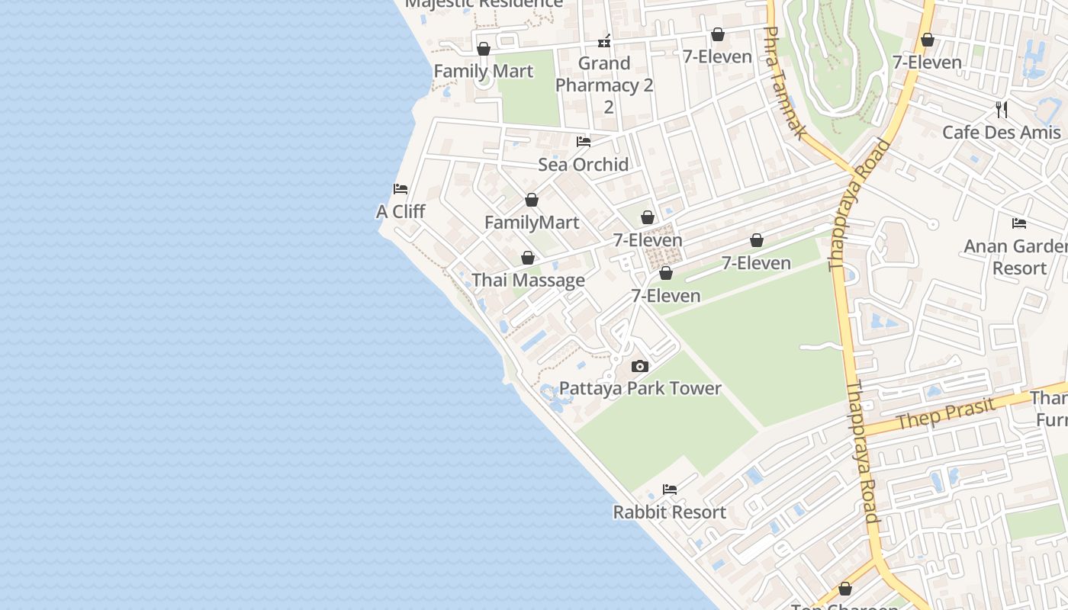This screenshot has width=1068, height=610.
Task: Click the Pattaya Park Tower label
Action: (x=640, y=388)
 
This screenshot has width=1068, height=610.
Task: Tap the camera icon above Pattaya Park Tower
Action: (x=640, y=367)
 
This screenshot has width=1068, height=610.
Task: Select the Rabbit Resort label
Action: (x=670, y=512)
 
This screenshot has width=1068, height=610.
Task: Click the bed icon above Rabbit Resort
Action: (x=670, y=490)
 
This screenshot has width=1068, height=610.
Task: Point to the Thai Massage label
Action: (x=528, y=280)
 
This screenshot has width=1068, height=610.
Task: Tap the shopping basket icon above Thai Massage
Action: (x=528, y=258)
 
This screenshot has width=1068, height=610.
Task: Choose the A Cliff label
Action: (x=400, y=211)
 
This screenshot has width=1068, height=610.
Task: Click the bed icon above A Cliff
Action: (x=400, y=189)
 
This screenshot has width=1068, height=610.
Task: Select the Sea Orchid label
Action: (x=584, y=164)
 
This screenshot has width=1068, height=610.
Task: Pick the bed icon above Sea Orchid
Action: (x=584, y=142)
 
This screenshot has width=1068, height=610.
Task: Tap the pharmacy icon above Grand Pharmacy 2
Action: (x=604, y=40)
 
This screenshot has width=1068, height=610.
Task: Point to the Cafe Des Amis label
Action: (x=1001, y=132)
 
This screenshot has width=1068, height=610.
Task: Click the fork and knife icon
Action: (x=1002, y=110)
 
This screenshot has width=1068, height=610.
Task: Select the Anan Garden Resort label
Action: (x=1015, y=257)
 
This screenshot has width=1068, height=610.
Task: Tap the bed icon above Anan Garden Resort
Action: (x=1019, y=223)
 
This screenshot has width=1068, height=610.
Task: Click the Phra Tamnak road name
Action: (x=784, y=84)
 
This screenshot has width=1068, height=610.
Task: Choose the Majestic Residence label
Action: (x=484, y=3)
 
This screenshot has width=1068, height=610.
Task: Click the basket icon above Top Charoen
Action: (x=845, y=589)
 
